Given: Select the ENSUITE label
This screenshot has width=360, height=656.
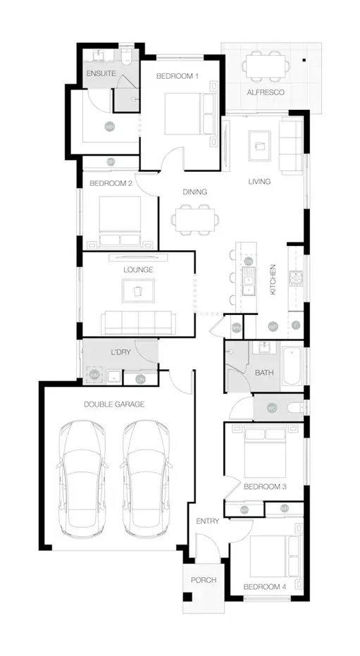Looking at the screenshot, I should (101, 73).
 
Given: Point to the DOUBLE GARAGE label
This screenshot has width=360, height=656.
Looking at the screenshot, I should (113, 404).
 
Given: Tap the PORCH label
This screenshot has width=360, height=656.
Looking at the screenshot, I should (203, 580).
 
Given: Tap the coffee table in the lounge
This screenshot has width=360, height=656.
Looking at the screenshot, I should (138, 290).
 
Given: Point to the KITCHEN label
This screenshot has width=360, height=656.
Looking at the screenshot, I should (272, 280).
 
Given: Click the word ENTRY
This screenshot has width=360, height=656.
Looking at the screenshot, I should (208, 521).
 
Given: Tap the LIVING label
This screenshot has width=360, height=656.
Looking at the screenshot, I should (259, 182).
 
